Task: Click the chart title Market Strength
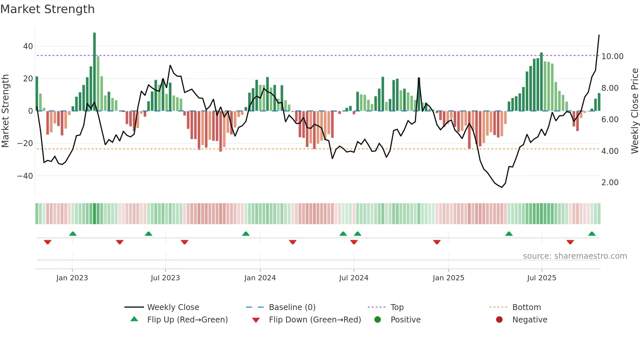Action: (47, 9)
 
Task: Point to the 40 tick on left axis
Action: (28, 46)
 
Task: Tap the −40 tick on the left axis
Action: (25, 176)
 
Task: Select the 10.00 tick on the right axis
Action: (612, 57)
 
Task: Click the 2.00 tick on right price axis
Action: (610, 183)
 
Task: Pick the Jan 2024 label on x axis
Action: (260, 278)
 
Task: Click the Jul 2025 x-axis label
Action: (541, 278)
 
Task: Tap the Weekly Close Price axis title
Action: (634, 111)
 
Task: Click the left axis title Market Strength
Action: (6, 111)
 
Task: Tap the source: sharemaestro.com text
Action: (575, 256)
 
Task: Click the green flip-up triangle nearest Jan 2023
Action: (73, 234)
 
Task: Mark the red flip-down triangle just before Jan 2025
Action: (437, 242)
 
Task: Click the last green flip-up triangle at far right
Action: (592, 234)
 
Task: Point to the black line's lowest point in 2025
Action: (502, 187)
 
